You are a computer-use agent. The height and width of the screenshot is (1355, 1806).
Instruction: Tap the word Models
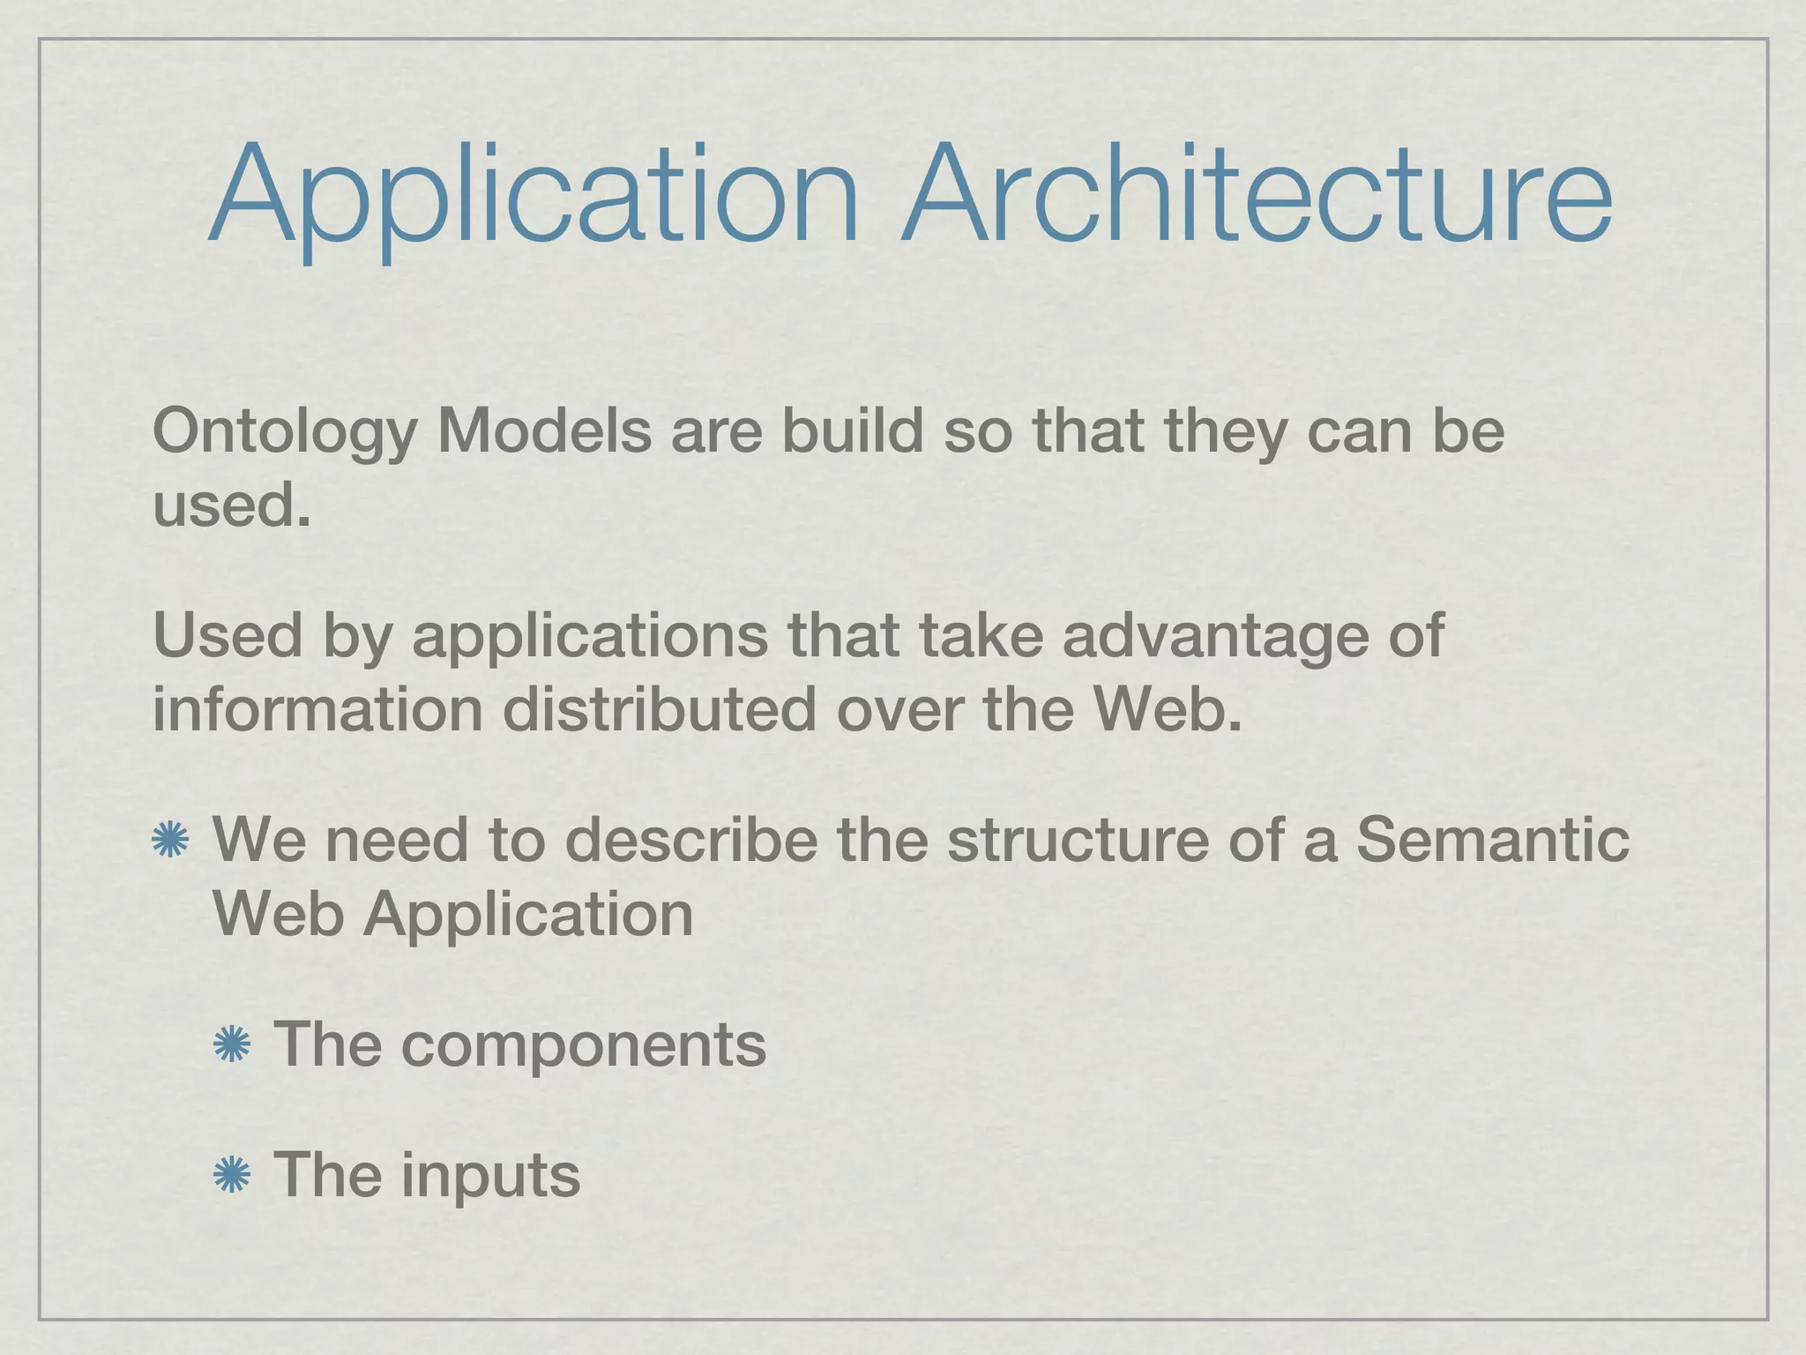pos(544,431)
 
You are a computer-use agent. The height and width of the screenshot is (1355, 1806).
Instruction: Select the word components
pos(583,1046)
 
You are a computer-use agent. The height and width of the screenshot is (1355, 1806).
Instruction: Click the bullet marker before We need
pos(170,840)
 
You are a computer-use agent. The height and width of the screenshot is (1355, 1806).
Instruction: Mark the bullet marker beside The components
pos(232,1045)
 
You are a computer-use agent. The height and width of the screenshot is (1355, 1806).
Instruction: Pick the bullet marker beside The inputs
pos(232,1175)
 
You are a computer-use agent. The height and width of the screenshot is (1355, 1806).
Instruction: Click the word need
pos(396,840)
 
